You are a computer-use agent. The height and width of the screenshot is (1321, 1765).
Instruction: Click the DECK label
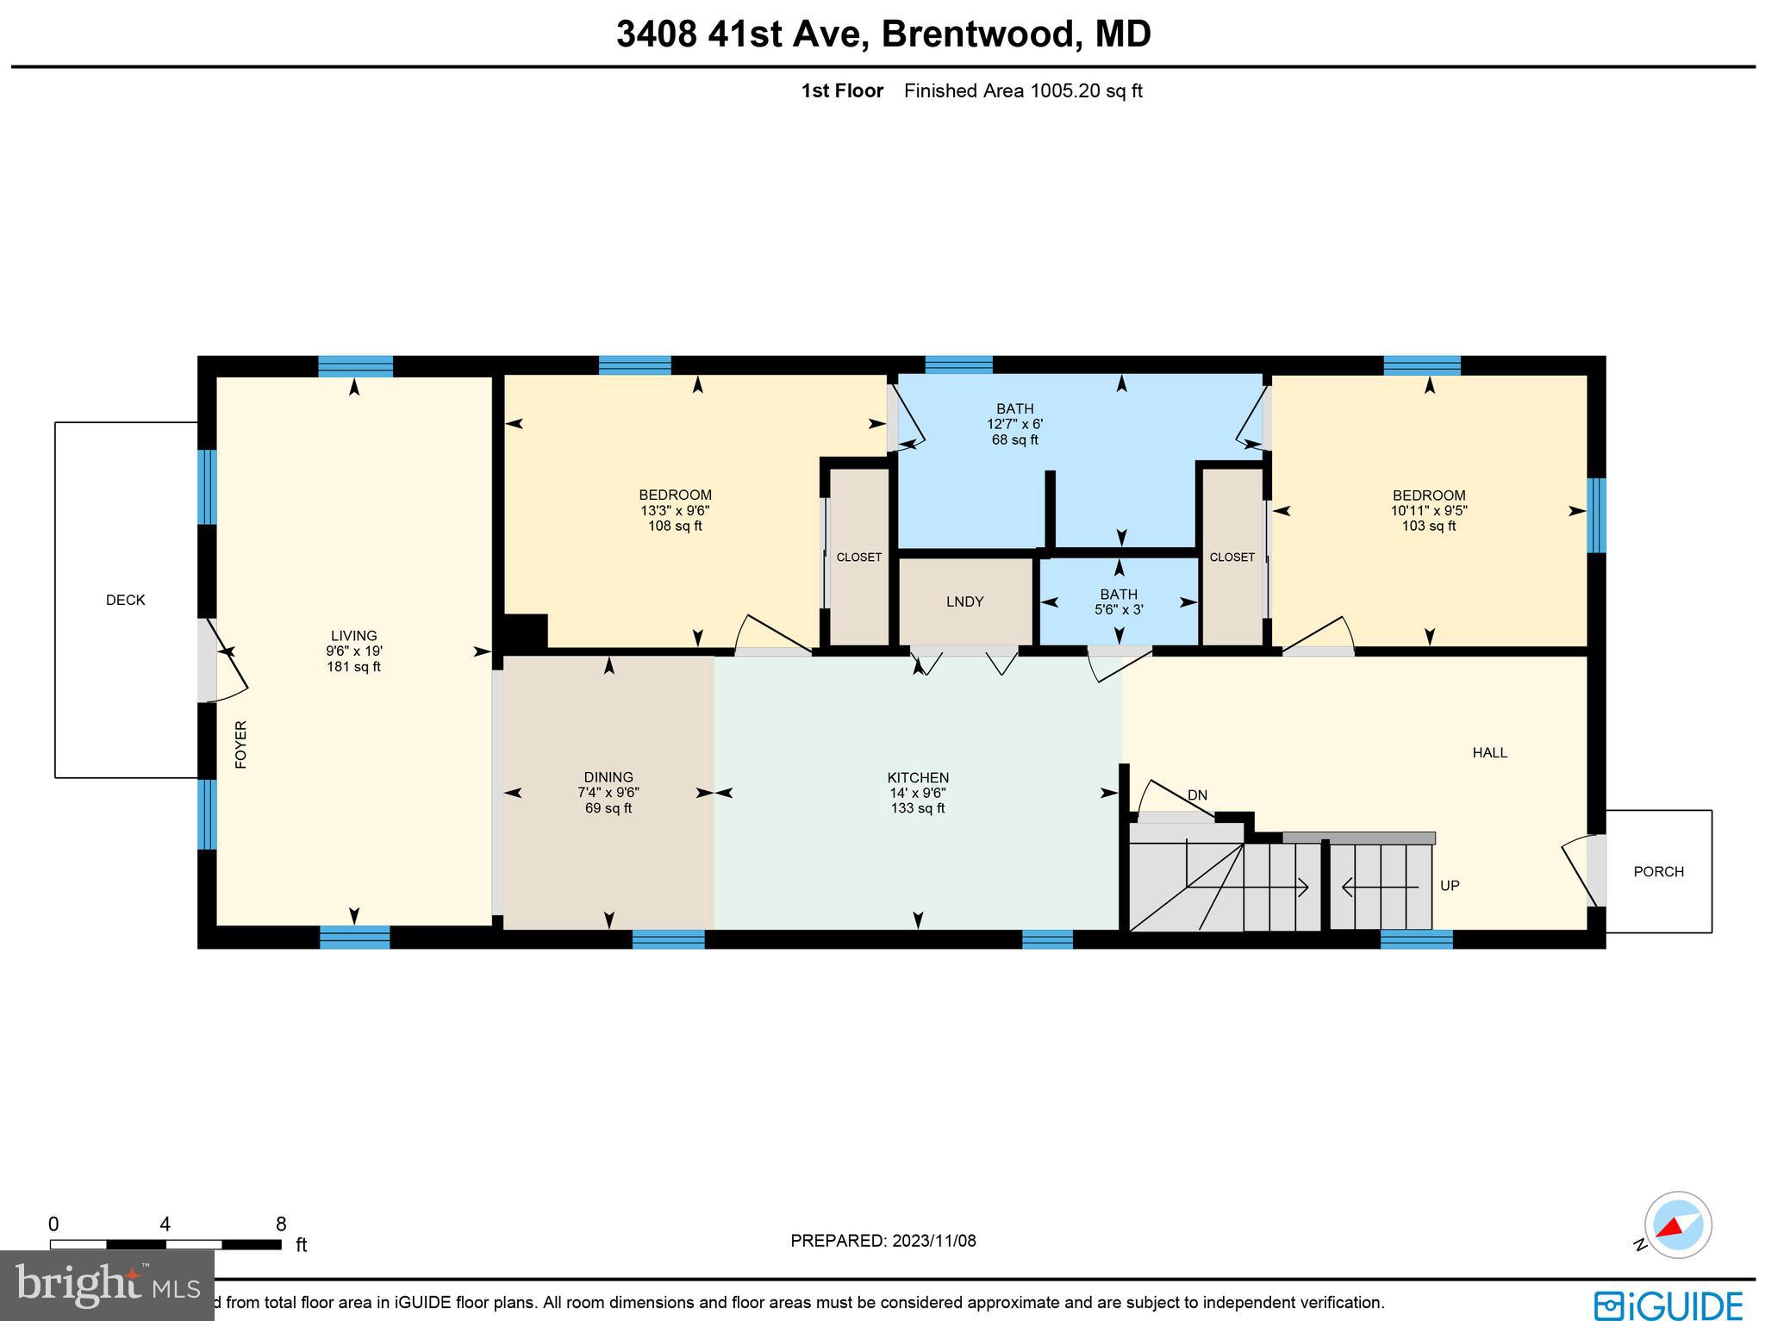tap(125, 600)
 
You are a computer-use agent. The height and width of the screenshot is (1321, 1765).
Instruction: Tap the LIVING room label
tap(353, 636)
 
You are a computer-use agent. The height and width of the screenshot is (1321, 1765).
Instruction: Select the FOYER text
tap(241, 745)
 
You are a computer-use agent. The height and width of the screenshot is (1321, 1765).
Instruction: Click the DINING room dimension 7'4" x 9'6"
tap(608, 793)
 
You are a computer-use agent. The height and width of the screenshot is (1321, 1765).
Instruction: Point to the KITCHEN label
tap(918, 777)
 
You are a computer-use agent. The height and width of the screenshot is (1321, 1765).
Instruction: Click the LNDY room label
tap(964, 601)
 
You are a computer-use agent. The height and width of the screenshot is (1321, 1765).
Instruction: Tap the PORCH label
tap(1658, 871)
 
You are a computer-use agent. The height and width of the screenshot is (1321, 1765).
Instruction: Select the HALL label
tap(1489, 752)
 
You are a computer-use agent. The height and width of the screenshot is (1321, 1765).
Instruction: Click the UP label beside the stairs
tap(1450, 886)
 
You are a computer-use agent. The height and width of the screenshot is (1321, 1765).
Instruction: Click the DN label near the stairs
tap(1197, 794)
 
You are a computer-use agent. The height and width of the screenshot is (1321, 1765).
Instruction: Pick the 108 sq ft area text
tap(675, 526)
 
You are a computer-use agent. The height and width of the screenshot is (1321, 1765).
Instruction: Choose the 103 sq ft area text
tap(1428, 526)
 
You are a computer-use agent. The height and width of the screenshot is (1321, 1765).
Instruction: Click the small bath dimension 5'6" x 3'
tap(1119, 609)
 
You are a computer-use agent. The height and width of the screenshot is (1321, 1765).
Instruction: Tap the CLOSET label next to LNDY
tap(858, 558)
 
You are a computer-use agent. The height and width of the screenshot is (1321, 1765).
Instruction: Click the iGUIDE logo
tap(1668, 1305)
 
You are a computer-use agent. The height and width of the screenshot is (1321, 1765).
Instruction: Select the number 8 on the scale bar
tap(281, 1224)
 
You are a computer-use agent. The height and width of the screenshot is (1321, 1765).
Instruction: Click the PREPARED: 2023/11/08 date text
tap(882, 1241)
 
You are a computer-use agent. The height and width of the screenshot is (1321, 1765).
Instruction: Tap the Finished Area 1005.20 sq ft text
tap(1022, 90)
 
